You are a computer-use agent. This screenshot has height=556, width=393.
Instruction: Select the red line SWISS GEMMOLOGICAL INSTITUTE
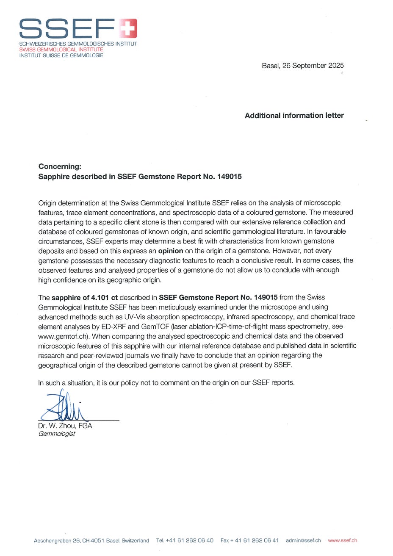coord(61,50)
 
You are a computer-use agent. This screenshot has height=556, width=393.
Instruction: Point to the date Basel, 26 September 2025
coord(303,66)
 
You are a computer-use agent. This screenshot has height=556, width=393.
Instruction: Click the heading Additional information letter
coord(294,116)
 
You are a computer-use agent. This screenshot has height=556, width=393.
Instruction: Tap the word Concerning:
coord(60,167)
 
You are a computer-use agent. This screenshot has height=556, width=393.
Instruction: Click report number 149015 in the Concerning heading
coord(229,177)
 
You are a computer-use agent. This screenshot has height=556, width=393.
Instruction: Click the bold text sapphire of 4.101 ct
coord(85,297)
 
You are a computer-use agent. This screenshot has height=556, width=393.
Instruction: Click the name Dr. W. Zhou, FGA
coord(65,426)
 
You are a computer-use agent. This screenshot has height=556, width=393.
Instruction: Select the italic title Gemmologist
coord(56,434)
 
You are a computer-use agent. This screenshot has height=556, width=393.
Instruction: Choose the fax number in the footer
coord(255,540)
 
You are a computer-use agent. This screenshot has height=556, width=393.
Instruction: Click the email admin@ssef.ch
coord(303,540)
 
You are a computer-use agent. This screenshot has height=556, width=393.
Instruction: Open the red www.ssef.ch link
coord(342,540)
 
